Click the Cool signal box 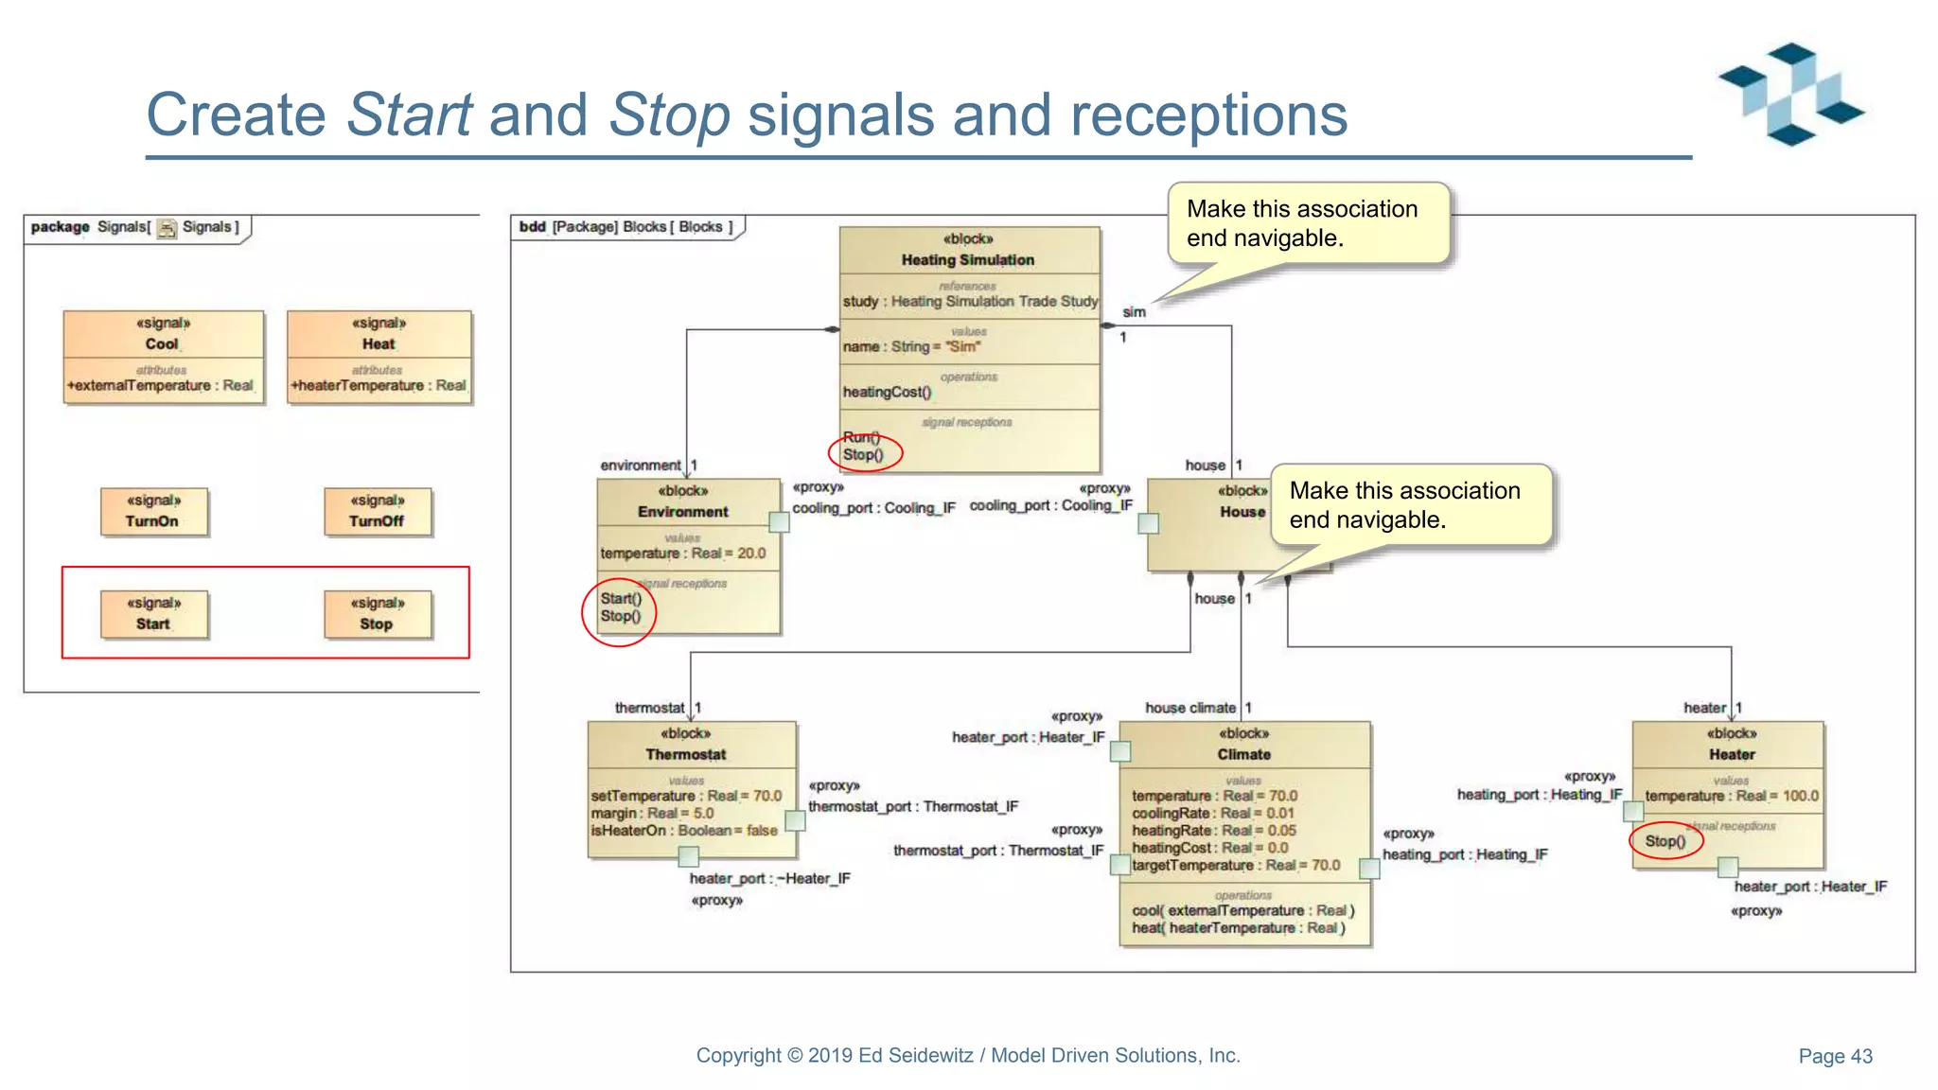click(x=163, y=357)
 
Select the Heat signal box click(x=379, y=357)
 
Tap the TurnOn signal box click(x=153, y=512)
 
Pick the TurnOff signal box click(x=377, y=512)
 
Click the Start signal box click(x=153, y=614)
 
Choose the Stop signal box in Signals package click(x=377, y=614)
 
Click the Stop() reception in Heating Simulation click(x=863, y=455)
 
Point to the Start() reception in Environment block click(x=621, y=598)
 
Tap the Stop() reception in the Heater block click(x=1665, y=841)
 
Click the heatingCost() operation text click(x=887, y=392)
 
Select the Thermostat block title click(x=686, y=754)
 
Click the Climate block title click(x=1243, y=754)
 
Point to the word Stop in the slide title click(x=669, y=114)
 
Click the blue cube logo click(x=1791, y=94)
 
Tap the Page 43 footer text click(x=1835, y=1056)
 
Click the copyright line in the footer click(x=968, y=1055)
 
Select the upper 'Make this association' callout click(x=1308, y=223)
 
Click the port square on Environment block click(x=779, y=522)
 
